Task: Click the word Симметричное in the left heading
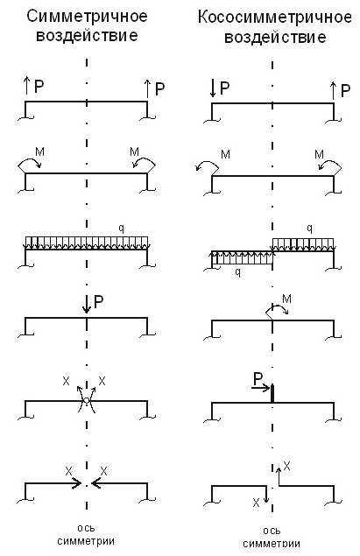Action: (x=87, y=17)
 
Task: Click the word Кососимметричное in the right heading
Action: (x=275, y=18)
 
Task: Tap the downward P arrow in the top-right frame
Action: (x=213, y=88)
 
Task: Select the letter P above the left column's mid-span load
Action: (x=98, y=302)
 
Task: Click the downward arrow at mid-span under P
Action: (x=86, y=305)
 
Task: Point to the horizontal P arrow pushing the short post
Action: (x=261, y=388)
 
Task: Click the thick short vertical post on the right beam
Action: (x=272, y=394)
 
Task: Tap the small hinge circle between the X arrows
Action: (x=86, y=401)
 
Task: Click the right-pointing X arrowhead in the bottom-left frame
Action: (x=76, y=483)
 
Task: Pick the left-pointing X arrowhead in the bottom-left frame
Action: (x=95, y=483)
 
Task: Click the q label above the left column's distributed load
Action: (x=121, y=229)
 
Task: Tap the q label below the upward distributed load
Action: (x=238, y=272)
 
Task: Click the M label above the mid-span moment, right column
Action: (x=286, y=299)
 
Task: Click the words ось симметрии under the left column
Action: (x=86, y=535)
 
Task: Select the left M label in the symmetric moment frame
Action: (x=39, y=152)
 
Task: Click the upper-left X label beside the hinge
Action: (x=66, y=381)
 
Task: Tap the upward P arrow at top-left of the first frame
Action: (x=26, y=87)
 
